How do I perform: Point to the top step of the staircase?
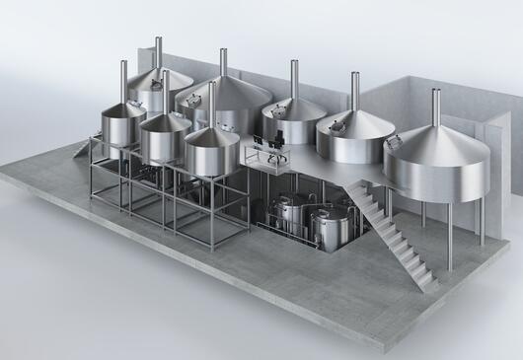[x=362, y=187]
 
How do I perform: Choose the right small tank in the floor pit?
[x=329, y=225]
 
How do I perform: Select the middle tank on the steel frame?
[x=165, y=138]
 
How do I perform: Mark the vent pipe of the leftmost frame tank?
[x=123, y=81]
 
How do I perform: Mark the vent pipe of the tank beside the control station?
[x=294, y=79]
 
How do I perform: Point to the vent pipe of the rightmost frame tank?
[x=211, y=104]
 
